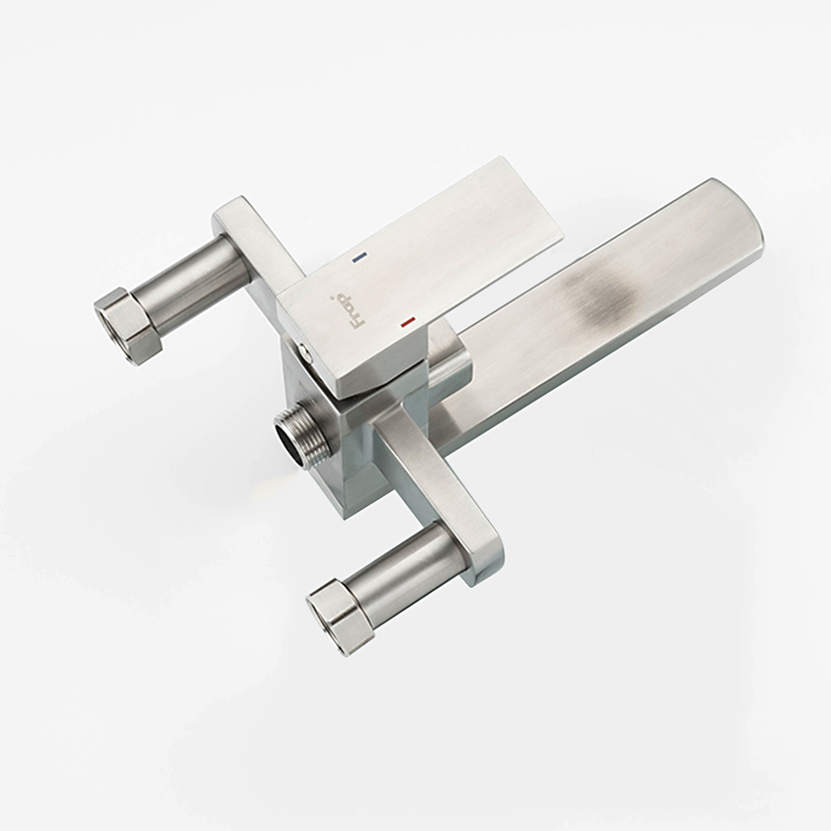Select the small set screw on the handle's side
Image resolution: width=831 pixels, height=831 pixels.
[x=303, y=349]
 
